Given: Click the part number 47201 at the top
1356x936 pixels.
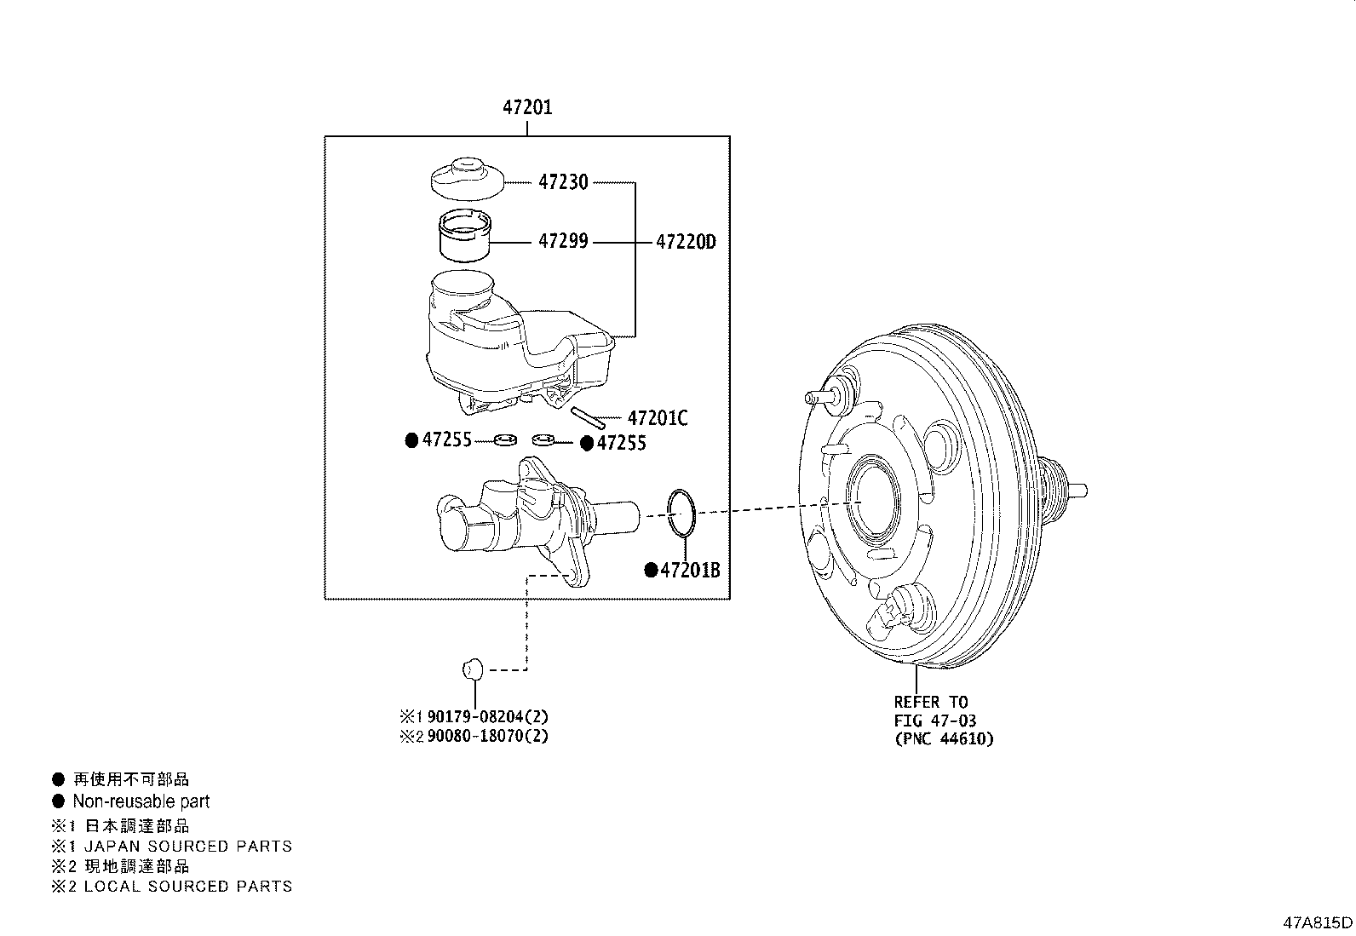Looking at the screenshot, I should coord(526,108).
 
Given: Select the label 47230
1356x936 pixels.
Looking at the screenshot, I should coord(562,182).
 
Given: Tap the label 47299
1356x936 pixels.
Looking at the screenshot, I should coord(562,243).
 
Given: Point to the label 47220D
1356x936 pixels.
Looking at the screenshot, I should coord(686,243).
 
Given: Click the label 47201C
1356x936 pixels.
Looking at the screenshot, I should coord(657,418).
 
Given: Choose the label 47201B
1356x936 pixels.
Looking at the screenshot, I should coord(690,571).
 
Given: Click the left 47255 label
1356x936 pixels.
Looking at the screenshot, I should coord(447,440).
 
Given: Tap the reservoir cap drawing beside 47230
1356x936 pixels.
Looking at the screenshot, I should coord(465,177).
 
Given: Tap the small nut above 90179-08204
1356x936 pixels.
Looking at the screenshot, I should coord(473,667).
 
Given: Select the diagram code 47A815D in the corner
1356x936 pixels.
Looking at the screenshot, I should coord(1318,922).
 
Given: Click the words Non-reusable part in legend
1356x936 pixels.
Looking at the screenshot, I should coord(141,801).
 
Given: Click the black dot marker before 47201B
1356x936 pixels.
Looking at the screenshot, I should coord(651,571).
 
